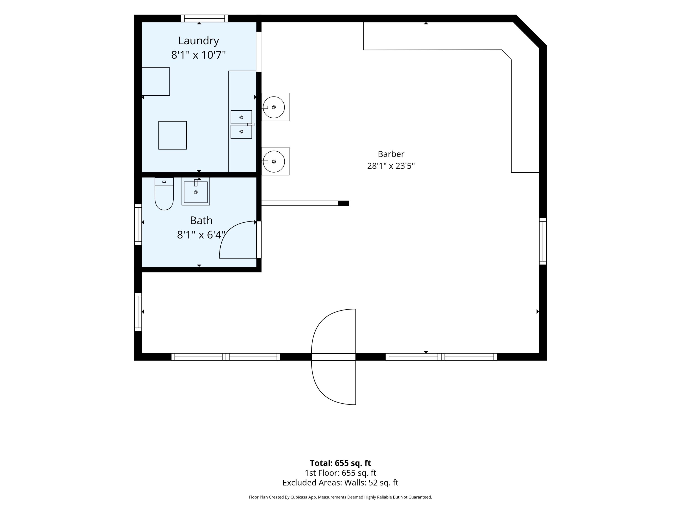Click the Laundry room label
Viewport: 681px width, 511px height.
[x=199, y=40]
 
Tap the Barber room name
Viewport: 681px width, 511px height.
[x=391, y=154]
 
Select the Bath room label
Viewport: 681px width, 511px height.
[x=201, y=221]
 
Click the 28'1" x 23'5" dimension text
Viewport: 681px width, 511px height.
[x=391, y=166]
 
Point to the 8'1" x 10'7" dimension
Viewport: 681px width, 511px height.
[x=199, y=55]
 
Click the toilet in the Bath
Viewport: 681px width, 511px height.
[x=164, y=194]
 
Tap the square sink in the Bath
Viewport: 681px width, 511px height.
[x=196, y=191]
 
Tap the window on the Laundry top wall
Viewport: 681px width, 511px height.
[x=205, y=18]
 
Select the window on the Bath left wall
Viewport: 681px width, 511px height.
[x=138, y=225]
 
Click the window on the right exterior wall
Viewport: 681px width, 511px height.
[x=543, y=241]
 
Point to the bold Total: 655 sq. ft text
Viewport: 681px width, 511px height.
[x=340, y=463]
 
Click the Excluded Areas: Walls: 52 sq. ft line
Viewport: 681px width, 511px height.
[x=340, y=482]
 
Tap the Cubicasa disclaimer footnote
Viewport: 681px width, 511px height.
[x=340, y=497]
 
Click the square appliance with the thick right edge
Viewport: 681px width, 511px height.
[x=173, y=135]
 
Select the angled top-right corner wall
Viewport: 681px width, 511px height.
[x=530, y=31]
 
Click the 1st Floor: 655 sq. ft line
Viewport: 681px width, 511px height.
[x=340, y=473]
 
